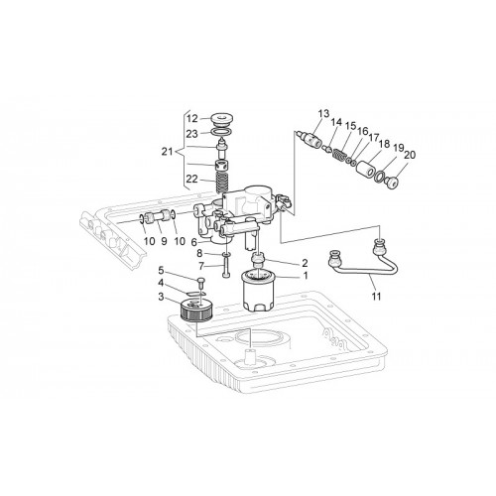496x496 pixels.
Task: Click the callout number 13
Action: (323, 114)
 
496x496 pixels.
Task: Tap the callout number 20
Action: (410, 155)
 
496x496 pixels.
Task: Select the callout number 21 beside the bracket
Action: (168, 152)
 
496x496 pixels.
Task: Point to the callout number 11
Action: (376, 297)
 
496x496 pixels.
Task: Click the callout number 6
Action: (193, 242)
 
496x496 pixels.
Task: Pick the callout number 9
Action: (164, 241)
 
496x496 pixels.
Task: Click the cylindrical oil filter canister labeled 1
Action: (258, 291)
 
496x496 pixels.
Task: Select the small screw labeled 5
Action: (201, 282)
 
